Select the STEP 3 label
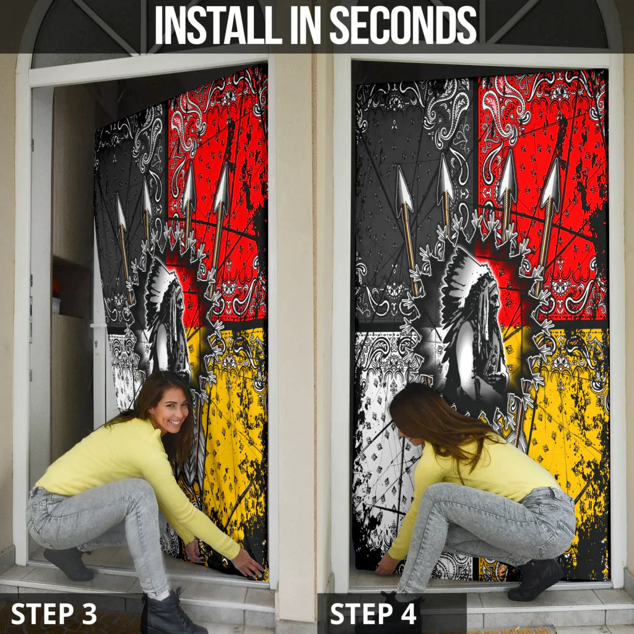point(54,614)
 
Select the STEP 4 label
point(373,614)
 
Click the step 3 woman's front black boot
point(170,612)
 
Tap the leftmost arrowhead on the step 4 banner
point(404,185)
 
